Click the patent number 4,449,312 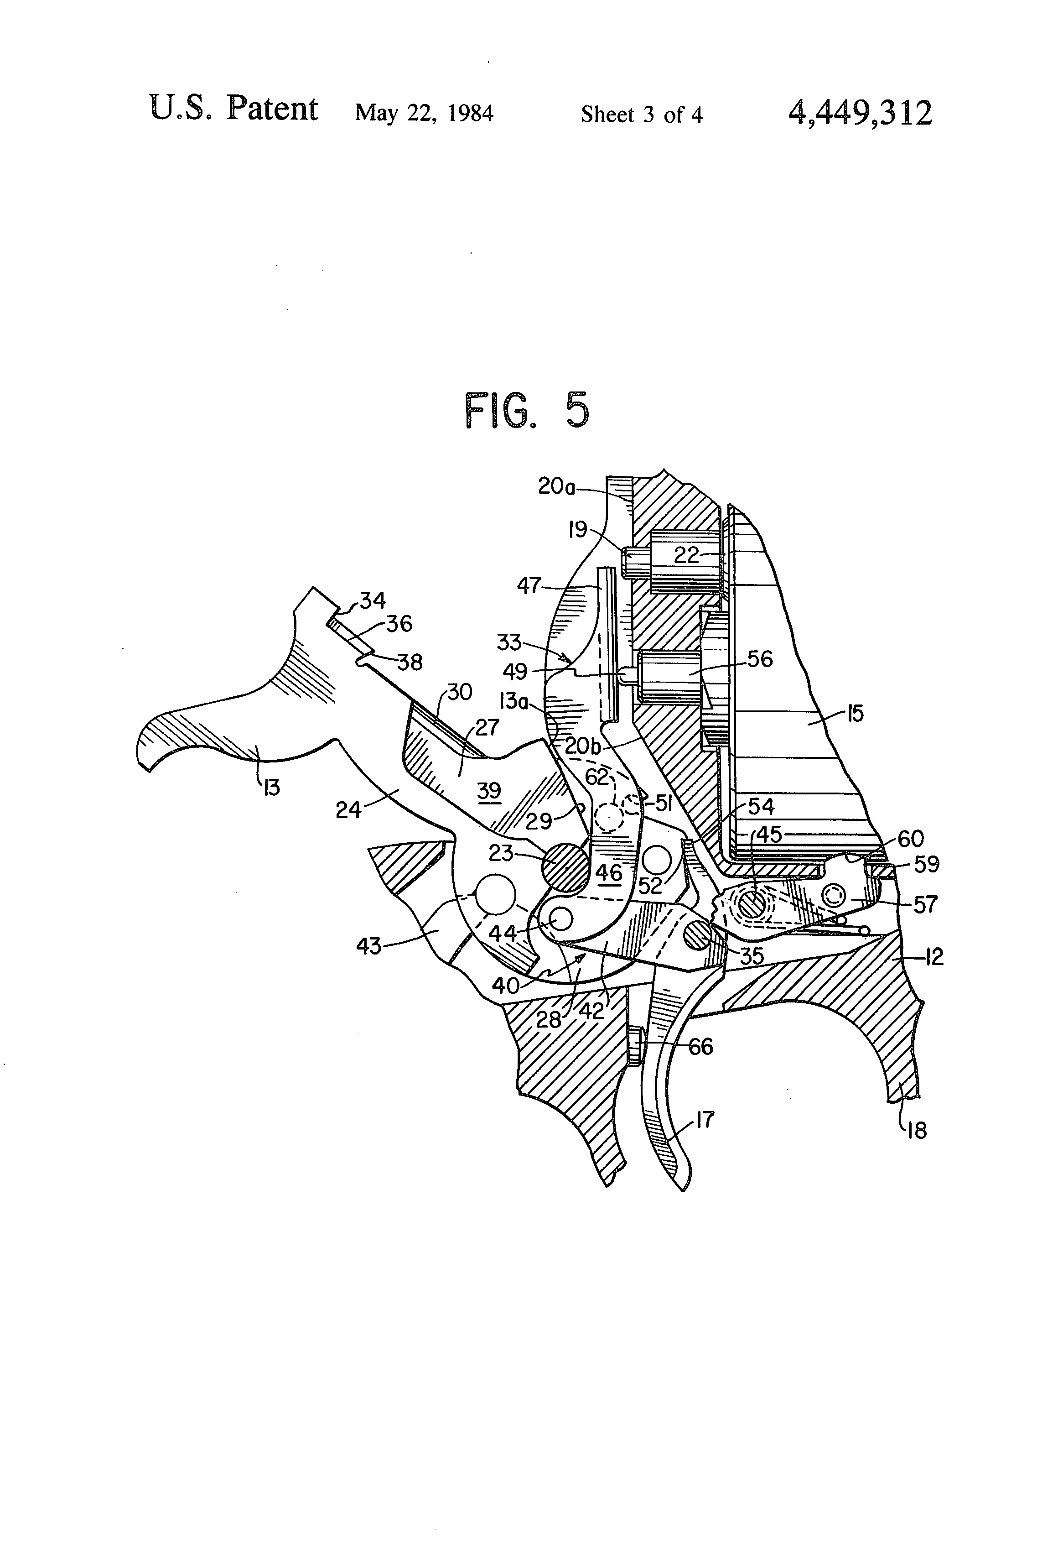coord(860,114)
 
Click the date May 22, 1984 coord(424,113)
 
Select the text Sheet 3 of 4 coord(641,115)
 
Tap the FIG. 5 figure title coord(527,411)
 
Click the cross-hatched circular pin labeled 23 coord(564,867)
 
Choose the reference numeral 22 coord(686,555)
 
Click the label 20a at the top coord(556,486)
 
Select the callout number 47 coord(529,586)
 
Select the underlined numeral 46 coord(609,872)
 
